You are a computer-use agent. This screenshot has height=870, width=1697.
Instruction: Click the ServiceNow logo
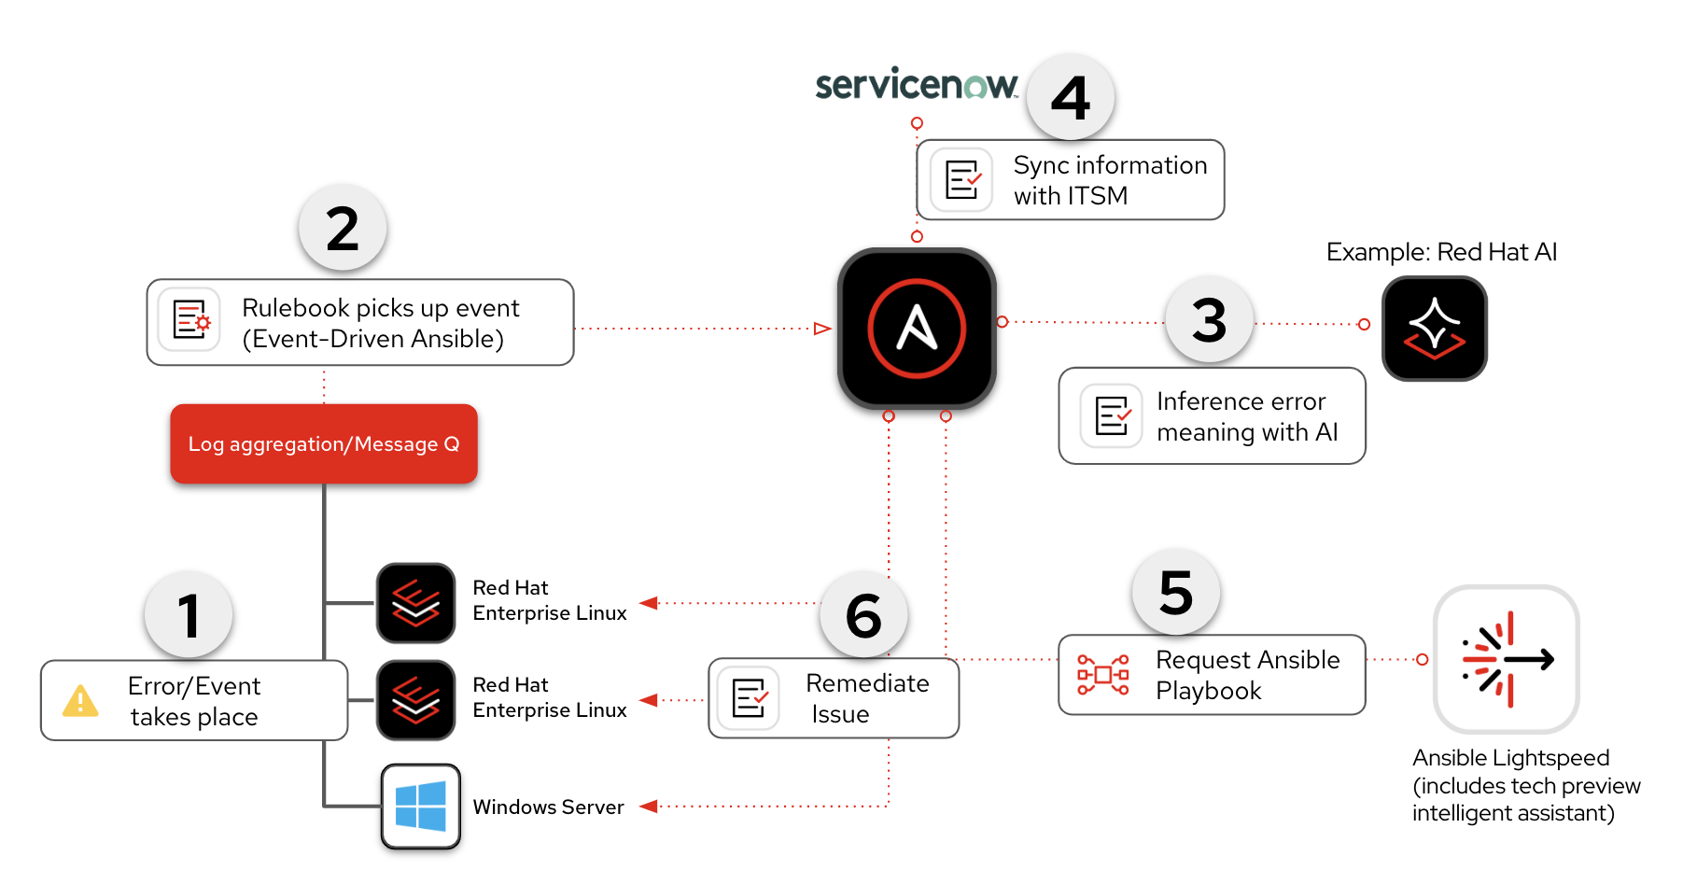click(916, 84)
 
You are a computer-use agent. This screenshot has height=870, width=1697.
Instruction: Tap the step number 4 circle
click(1071, 97)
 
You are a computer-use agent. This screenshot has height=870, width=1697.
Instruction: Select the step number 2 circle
click(343, 229)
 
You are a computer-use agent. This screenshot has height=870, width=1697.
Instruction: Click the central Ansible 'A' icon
click(917, 329)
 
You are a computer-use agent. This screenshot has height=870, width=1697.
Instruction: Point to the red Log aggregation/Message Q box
click(324, 444)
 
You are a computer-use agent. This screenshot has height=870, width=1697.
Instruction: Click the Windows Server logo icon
click(420, 807)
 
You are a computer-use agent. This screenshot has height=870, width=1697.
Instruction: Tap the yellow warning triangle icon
click(80, 701)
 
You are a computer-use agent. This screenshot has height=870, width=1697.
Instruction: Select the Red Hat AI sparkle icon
click(1435, 329)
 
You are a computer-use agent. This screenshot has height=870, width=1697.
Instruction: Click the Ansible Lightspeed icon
click(1507, 659)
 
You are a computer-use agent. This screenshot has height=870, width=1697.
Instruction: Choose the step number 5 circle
click(1176, 593)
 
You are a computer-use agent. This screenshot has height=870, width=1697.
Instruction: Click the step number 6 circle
click(863, 615)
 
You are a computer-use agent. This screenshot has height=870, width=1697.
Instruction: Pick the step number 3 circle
click(1209, 320)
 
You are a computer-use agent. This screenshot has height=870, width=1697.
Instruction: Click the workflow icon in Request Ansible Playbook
click(1102, 675)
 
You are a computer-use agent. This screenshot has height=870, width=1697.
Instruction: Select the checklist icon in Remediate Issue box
click(750, 698)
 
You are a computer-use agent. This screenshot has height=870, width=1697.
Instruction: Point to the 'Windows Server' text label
click(548, 807)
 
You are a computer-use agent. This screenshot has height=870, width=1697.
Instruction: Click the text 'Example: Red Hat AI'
click(1441, 252)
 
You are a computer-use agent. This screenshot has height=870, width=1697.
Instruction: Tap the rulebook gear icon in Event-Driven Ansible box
click(190, 319)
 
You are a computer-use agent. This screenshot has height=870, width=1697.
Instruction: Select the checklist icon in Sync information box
click(962, 180)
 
